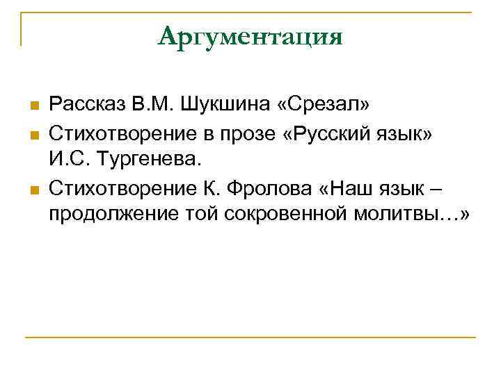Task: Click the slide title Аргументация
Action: click(250, 36)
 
